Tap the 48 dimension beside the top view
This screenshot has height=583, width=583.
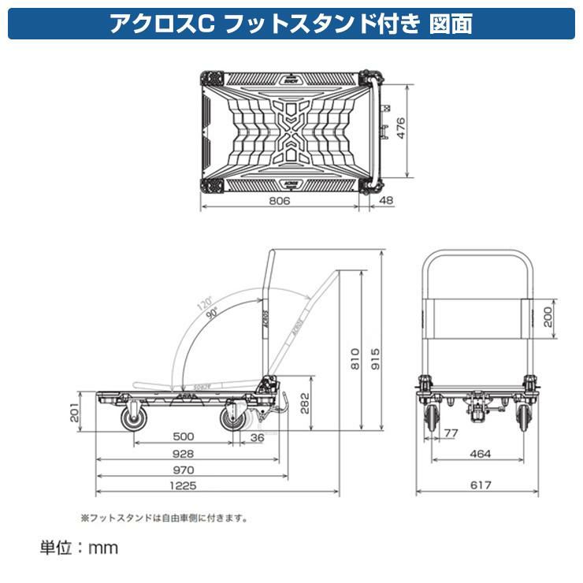click(386, 202)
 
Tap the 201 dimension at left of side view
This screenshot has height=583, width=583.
click(74, 411)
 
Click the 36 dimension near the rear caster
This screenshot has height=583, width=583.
click(257, 437)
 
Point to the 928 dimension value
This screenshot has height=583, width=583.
click(184, 454)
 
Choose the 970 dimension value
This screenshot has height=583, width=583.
click(184, 470)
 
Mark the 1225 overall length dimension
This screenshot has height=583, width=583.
click(184, 486)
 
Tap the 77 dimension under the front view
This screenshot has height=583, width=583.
click(451, 433)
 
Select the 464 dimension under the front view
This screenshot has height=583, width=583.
click(480, 454)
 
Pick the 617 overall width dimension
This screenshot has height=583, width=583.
click(480, 486)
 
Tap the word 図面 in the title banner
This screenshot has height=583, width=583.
click(452, 24)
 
